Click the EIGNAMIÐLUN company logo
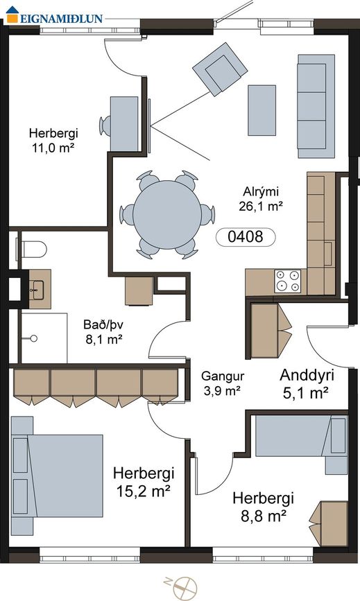click(54, 16)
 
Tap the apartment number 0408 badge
click(246, 237)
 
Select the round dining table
click(167, 215)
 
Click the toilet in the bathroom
click(32, 250)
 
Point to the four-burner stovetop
click(289, 281)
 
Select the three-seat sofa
click(316, 106)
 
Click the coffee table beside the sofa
click(262, 110)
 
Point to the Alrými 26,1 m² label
click(261, 199)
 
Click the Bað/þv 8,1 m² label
click(103, 332)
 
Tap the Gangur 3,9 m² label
click(223, 383)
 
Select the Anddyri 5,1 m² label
click(307, 383)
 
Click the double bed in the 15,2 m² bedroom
click(57, 476)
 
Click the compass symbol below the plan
click(184, 588)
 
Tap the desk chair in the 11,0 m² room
click(105, 126)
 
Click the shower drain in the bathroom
click(34, 338)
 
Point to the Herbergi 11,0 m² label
click(53, 140)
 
